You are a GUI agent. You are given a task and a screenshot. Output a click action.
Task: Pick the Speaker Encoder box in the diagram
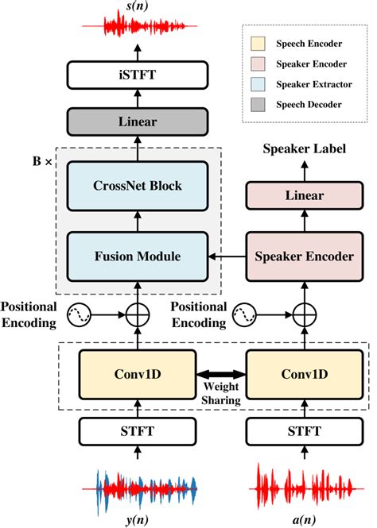click(304, 256)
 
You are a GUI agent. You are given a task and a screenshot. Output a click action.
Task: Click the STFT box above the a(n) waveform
click(304, 434)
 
